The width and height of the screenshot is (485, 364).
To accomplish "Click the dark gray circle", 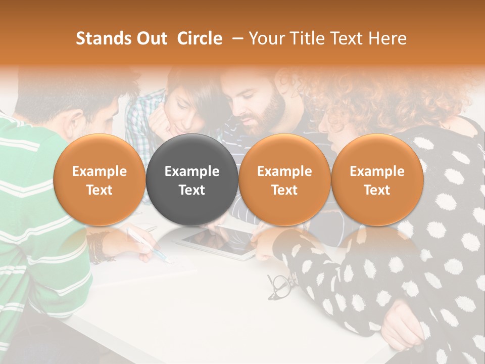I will (x=192, y=180).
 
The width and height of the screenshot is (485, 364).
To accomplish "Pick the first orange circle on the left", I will (x=99, y=180).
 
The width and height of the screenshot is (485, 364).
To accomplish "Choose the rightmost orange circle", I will (x=377, y=180).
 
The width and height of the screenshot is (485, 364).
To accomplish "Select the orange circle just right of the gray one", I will (x=284, y=180).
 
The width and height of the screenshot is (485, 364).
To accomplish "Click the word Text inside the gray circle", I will (x=192, y=190).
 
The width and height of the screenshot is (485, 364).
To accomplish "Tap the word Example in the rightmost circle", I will (x=377, y=171).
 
